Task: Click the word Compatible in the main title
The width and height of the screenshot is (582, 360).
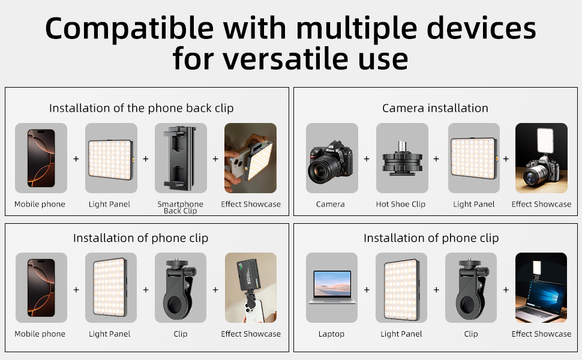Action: pyautogui.click(x=129, y=29)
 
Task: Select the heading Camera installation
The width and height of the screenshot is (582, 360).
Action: pyautogui.click(x=435, y=108)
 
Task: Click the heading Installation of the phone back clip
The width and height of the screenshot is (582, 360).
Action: pyautogui.click(x=142, y=108)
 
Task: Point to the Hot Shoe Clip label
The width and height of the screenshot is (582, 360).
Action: pyautogui.click(x=400, y=204)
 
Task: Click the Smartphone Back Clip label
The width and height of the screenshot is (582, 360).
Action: pyautogui.click(x=181, y=207)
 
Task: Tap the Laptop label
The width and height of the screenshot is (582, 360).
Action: pyautogui.click(x=331, y=334)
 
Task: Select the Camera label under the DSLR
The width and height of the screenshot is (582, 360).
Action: pyautogui.click(x=331, y=204)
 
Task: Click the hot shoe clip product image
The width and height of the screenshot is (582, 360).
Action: pyautogui.click(x=403, y=158)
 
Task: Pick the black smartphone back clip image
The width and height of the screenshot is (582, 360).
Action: pyautogui.click(x=180, y=158)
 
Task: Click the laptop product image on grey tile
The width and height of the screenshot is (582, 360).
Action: pyautogui.click(x=332, y=287)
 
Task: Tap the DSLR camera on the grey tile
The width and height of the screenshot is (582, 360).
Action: pyautogui.click(x=331, y=161)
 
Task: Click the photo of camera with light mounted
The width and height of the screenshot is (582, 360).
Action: pyautogui.click(x=541, y=158)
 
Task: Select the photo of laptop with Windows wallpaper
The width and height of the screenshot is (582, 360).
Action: pyautogui.click(x=541, y=287)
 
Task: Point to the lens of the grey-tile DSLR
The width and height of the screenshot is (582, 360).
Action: pyautogui.click(x=322, y=170)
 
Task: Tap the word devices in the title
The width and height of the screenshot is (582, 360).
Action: pyautogui.click(x=481, y=29)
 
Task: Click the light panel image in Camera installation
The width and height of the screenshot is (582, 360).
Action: pyautogui.click(x=474, y=158)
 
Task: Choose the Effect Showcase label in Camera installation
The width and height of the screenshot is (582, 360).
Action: pyautogui.click(x=541, y=204)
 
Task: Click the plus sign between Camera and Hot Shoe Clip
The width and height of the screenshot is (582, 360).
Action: pyautogui.click(x=367, y=159)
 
